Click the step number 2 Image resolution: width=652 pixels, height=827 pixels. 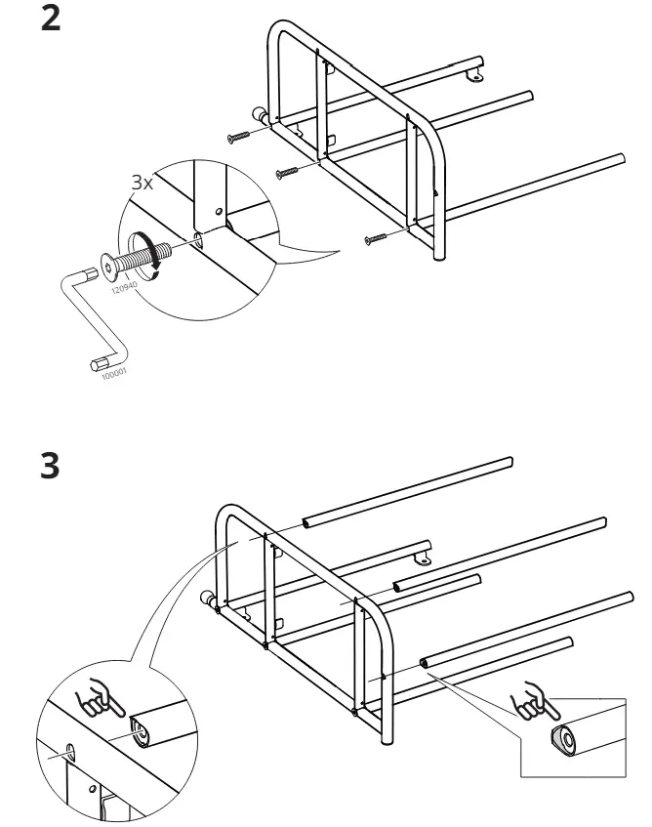point(51,19)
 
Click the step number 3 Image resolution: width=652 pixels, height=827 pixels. point(50,466)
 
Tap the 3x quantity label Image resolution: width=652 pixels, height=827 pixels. point(143,183)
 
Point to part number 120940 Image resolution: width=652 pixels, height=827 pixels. point(124,287)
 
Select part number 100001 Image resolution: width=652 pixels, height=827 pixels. point(114,373)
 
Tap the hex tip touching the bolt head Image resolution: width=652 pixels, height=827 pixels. point(91,274)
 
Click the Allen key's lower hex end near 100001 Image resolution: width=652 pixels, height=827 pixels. point(98,364)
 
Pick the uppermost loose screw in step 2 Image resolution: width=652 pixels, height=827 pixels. point(239,137)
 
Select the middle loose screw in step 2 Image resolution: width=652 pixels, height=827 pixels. point(287,173)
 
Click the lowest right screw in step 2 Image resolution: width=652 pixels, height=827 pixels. point(375,239)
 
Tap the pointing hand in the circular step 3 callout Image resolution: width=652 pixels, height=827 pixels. point(99,697)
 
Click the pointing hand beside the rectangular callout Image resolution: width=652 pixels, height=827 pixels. point(534,701)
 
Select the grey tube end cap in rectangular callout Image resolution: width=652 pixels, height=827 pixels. point(563,740)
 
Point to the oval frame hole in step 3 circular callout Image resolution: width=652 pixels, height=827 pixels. point(70,751)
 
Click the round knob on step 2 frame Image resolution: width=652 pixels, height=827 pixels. point(260,114)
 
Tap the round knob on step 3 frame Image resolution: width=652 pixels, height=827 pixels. point(207,599)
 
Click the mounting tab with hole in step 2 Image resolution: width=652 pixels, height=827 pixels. point(475,76)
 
